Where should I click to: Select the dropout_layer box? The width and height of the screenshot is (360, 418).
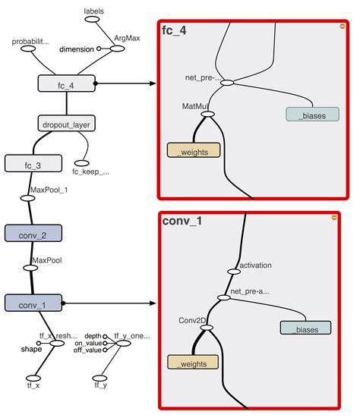click(x=66, y=124)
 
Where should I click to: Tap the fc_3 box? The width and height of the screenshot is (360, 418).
click(x=27, y=163)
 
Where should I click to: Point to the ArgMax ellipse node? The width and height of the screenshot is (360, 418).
click(x=117, y=48)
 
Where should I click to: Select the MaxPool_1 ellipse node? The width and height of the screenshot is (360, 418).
click(x=27, y=198)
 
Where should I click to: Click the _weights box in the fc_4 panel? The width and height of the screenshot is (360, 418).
click(x=194, y=150)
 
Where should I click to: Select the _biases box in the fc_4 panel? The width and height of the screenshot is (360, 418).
click(x=311, y=114)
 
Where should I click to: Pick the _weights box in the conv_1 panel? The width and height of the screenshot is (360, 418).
click(x=192, y=363)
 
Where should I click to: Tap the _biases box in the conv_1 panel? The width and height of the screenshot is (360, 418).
click(x=305, y=328)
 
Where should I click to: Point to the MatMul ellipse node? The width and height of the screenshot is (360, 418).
click(x=207, y=115)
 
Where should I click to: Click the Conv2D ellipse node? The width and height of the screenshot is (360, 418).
click(x=207, y=328)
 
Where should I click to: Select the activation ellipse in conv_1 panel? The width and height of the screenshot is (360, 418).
click(x=232, y=271)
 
